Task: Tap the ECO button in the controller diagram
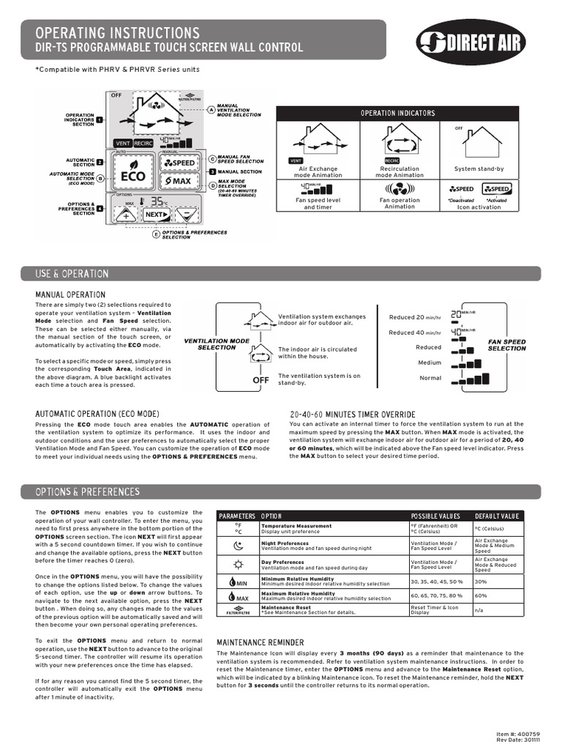tap(132, 176)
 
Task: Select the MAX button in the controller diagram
tap(178, 180)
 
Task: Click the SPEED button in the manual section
tap(179, 162)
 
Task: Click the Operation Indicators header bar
tap(397, 113)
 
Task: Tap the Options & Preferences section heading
tap(87, 491)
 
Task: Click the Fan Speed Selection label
tap(506, 345)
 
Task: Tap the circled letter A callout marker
tap(211, 110)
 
